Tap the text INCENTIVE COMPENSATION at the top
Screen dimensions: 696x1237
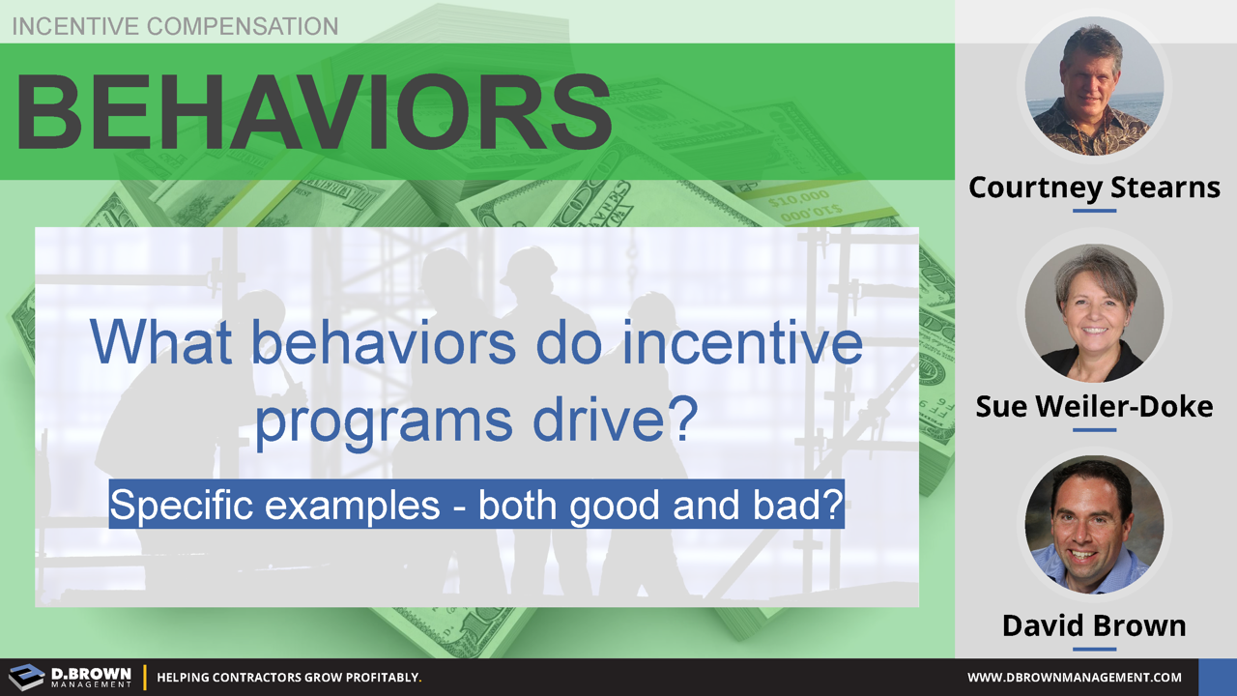pos(175,26)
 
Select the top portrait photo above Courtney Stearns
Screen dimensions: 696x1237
pos(1094,86)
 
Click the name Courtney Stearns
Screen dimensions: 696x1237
pos(1094,187)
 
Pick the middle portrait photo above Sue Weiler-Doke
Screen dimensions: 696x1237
pos(1094,312)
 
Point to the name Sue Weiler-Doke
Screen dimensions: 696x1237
pos(1094,406)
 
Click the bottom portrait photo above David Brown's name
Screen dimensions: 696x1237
pos(1094,525)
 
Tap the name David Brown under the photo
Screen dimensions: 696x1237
pos(1094,625)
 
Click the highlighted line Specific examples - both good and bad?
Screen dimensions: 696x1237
pos(476,505)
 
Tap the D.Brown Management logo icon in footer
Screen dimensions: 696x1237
pos(26,677)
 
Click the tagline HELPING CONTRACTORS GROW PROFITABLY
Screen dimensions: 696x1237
pos(289,678)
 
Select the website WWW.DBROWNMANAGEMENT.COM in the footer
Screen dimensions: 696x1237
pos(1075,678)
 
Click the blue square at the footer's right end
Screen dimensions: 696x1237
pos(1217,677)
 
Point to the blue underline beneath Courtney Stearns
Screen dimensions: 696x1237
pos(1094,210)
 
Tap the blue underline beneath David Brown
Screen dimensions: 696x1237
pos(1094,649)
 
